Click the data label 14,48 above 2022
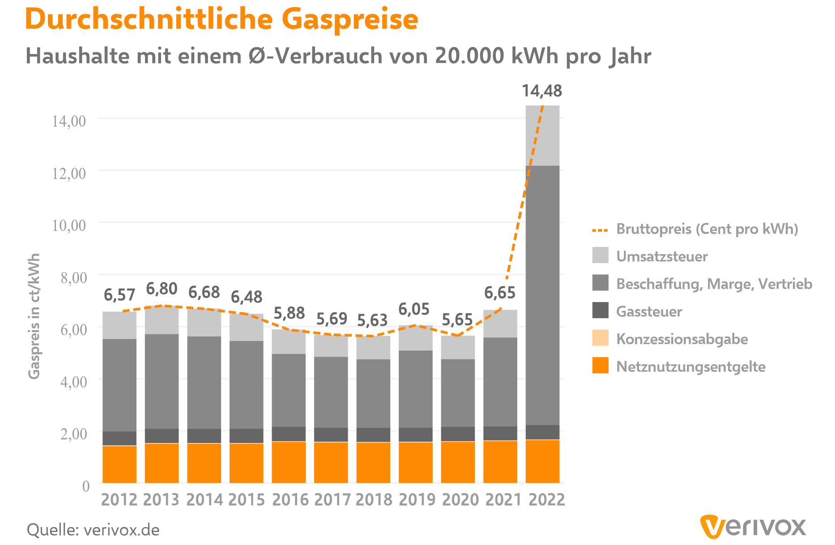click(x=542, y=91)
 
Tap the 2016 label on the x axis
click(x=290, y=499)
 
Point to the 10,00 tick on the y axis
click(x=69, y=225)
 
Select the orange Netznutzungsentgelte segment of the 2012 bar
click(x=119, y=464)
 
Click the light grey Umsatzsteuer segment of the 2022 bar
click(x=542, y=136)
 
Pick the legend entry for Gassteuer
click(x=649, y=311)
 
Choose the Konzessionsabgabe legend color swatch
click(x=600, y=338)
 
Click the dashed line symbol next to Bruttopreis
click(x=600, y=230)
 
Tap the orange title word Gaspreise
click(x=349, y=19)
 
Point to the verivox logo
click(x=753, y=527)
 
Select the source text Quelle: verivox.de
click(x=93, y=530)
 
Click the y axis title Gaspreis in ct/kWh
click(x=34, y=316)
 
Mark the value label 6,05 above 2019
click(x=414, y=309)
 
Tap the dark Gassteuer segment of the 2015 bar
click(x=247, y=436)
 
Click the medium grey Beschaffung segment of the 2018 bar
click(x=373, y=393)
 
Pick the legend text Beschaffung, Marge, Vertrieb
click(x=714, y=284)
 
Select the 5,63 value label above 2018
click(x=372, y=320)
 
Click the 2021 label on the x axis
click(x=503, y=499)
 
